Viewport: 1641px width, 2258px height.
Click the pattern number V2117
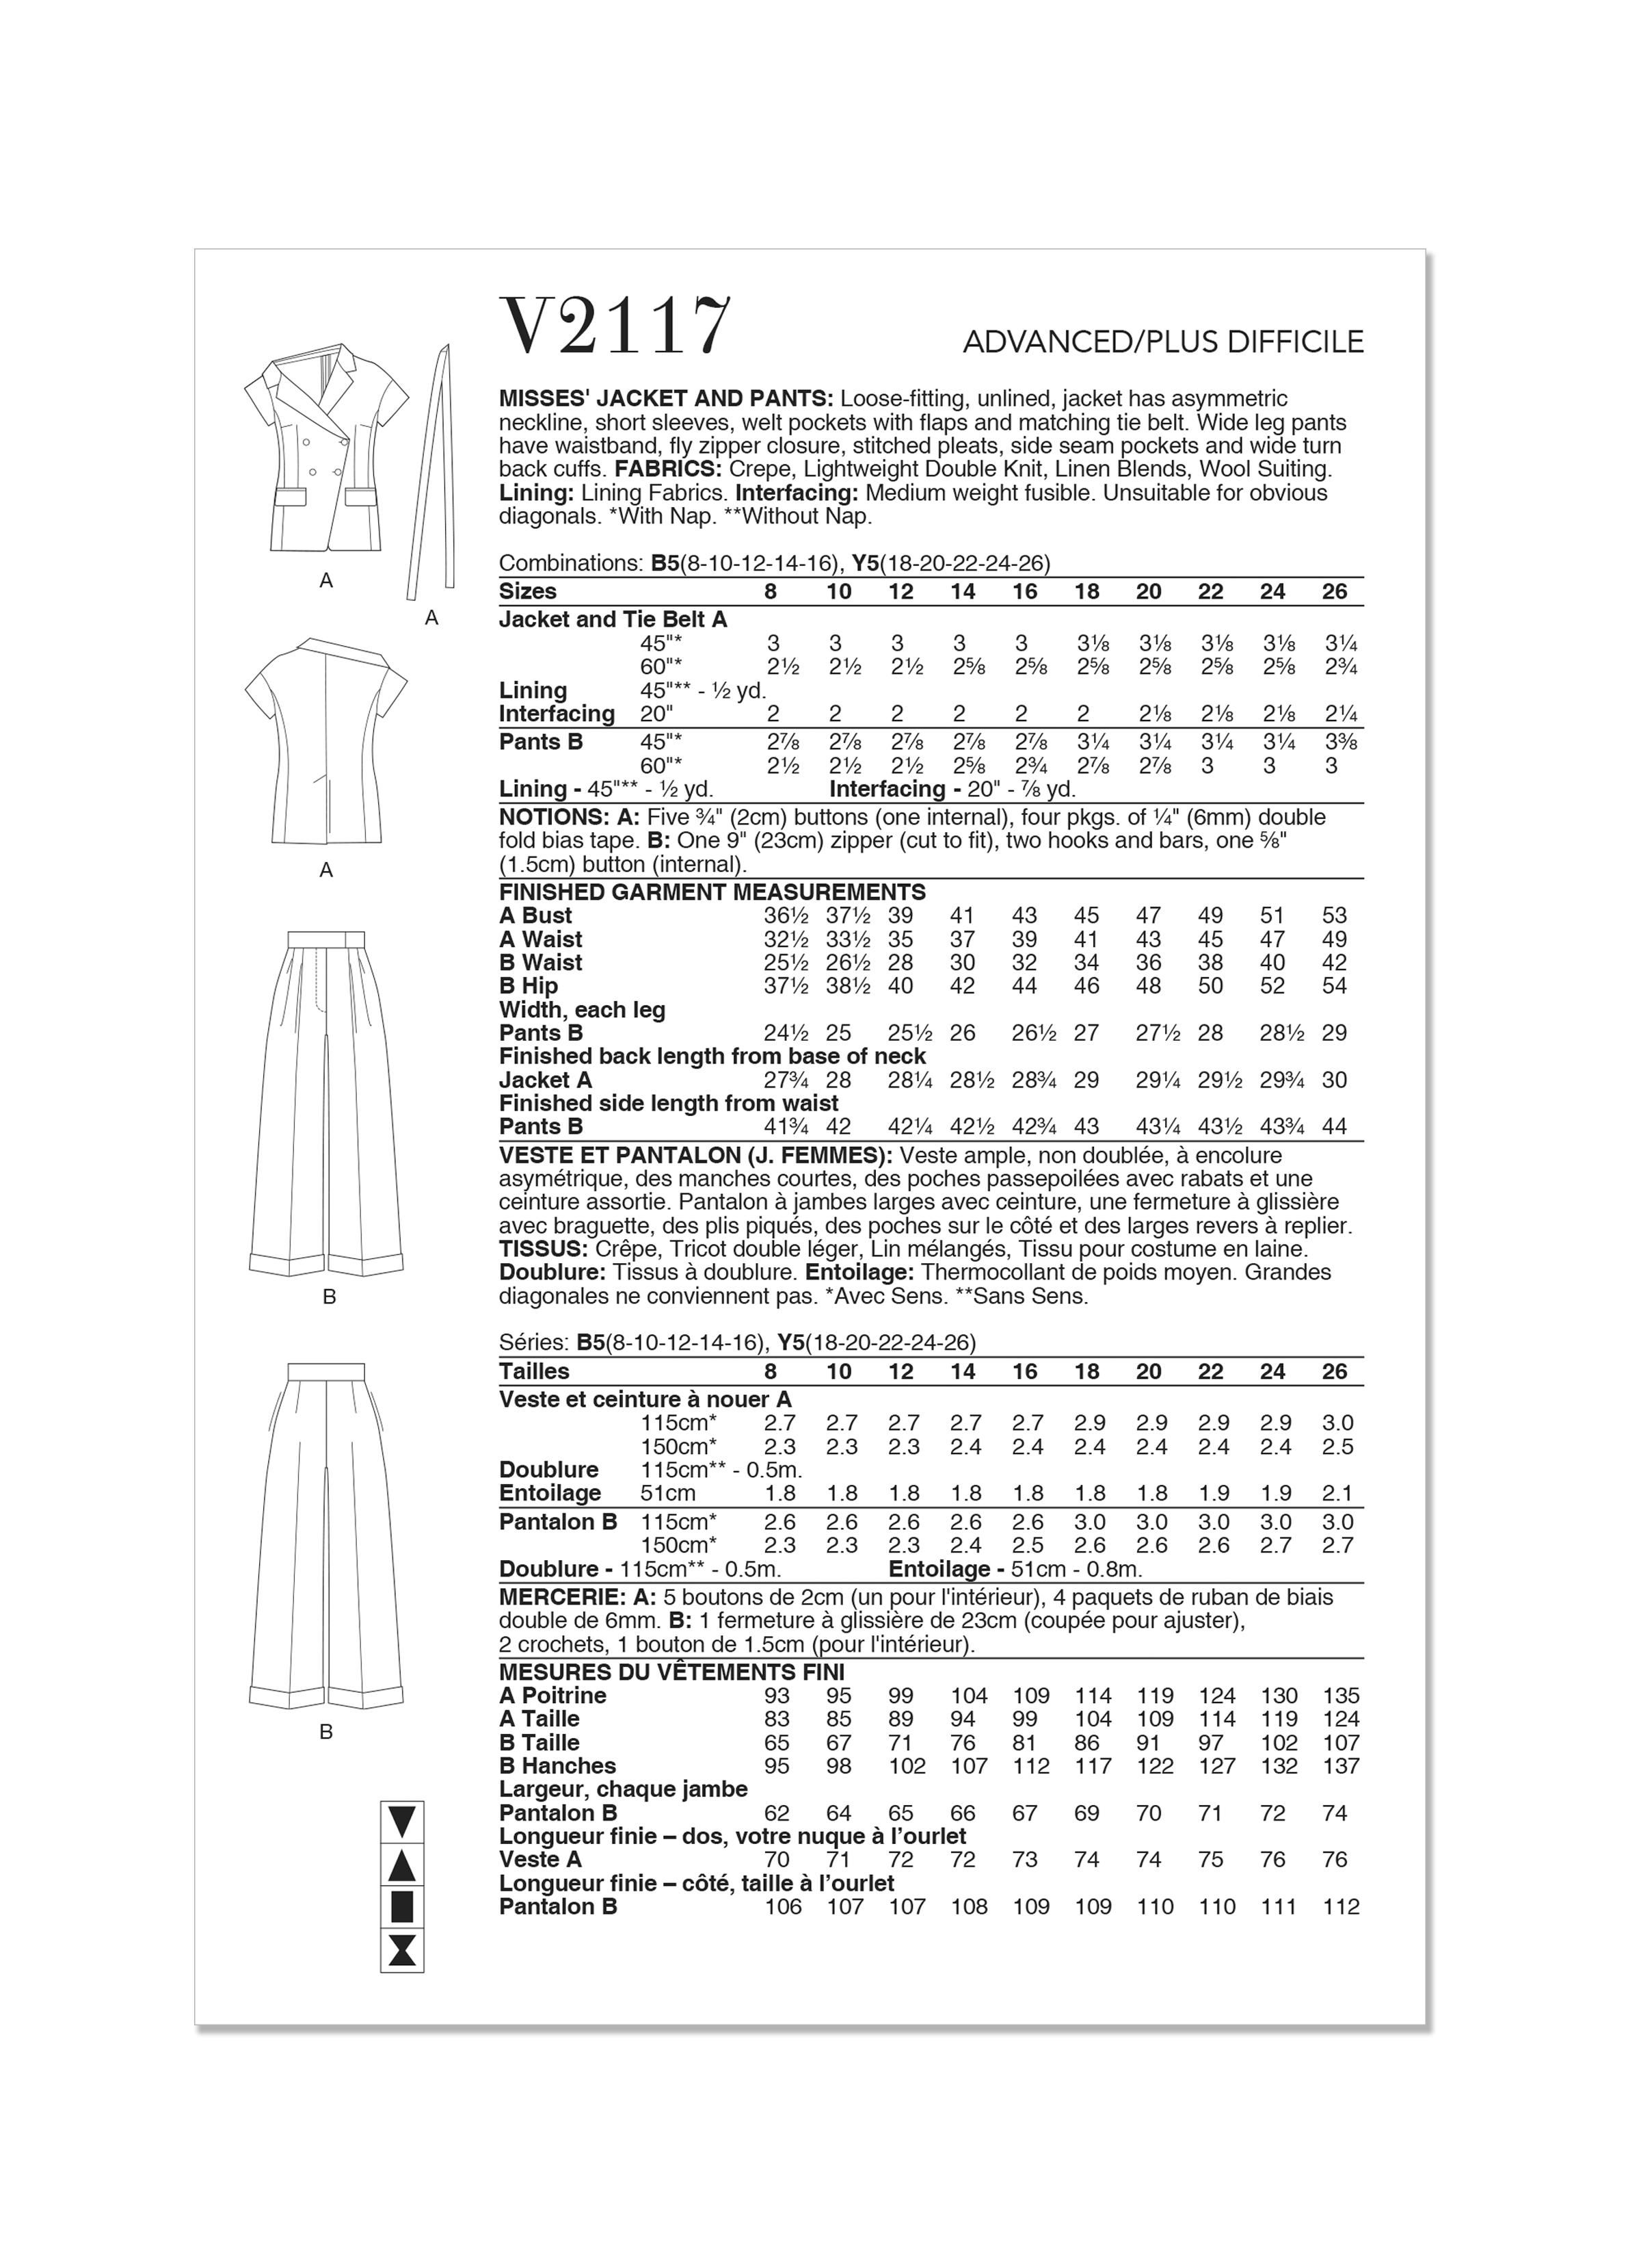[x=614, y=326]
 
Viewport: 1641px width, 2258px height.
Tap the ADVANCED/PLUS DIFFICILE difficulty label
[x=1162, y=343]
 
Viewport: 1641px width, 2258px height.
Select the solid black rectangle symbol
[x=402, y=1908]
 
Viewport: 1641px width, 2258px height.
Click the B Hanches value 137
[x=1340, y=1766]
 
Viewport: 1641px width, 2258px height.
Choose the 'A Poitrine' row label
[x=552, y=1696]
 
